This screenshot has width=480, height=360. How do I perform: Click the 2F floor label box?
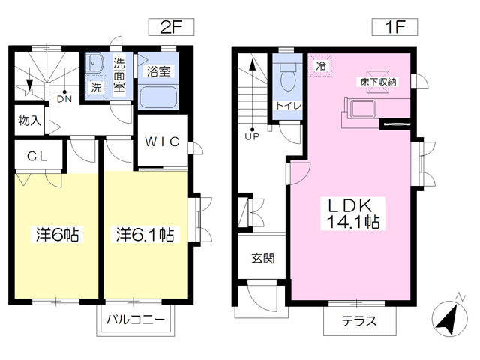pos(171,27)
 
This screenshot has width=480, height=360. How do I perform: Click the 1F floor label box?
pos(394,27)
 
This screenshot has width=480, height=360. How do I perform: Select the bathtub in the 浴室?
pos(158,96)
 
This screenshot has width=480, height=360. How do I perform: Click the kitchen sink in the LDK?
pos(363,109)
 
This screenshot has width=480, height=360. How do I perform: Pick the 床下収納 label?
pos(378,82)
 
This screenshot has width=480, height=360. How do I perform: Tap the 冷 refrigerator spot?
pos(320,65)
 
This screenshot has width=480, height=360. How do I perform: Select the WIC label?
pos(162,142)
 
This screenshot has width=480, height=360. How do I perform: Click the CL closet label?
pos(37,157)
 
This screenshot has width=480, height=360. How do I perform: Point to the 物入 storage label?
pos(30,121)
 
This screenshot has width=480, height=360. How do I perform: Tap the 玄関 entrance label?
pos(263,258)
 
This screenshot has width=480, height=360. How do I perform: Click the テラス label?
pos(359,321)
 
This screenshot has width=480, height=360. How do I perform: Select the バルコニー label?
pos(136,319)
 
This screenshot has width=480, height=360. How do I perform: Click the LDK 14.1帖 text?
pos(352,214)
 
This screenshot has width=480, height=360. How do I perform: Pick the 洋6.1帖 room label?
pos(145,234)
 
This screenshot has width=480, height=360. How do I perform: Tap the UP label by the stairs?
pos(252,136)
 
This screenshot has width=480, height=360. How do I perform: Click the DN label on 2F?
pos(64,99)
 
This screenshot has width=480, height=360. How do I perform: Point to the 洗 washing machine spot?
pos(96,88)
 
